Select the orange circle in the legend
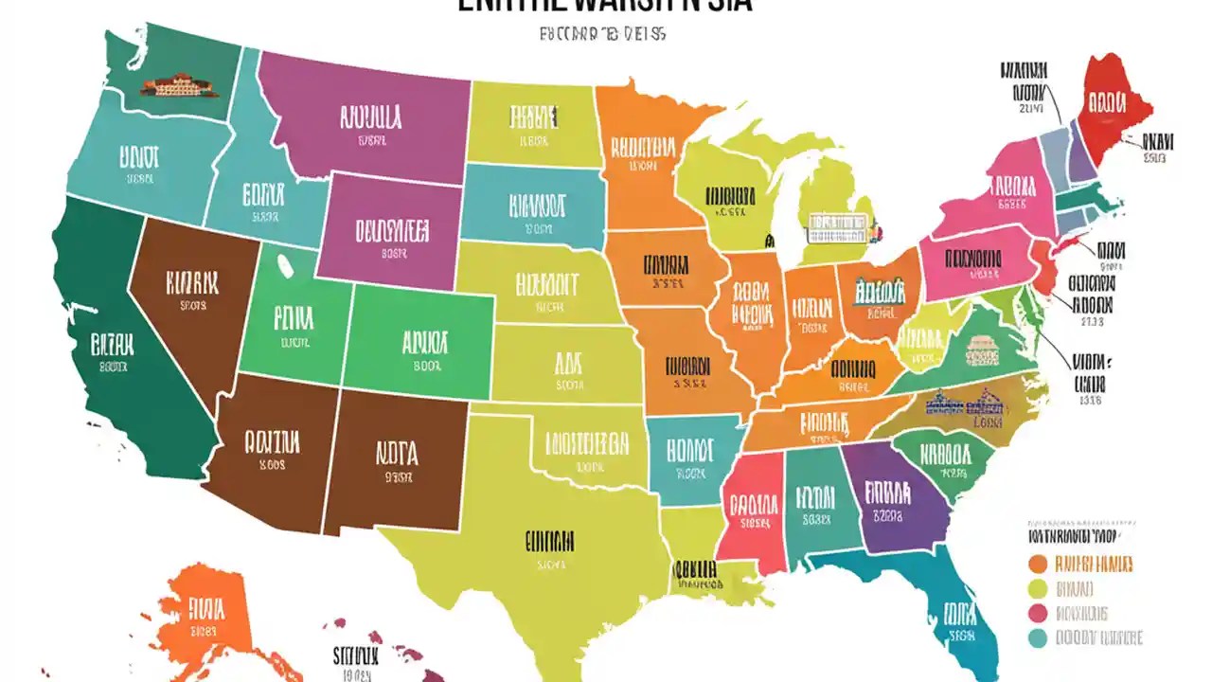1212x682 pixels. click(x=1038, y=565)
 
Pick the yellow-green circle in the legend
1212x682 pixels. click(x=1038, y=589)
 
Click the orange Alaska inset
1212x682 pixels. click(x=204, y=616)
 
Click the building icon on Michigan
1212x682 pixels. click(x=837, y=226)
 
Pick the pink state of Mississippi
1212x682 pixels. click(x=753, y=511)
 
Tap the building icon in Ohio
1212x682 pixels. click(x=880, y=291)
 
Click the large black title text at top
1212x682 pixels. click(x=605, y=5)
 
